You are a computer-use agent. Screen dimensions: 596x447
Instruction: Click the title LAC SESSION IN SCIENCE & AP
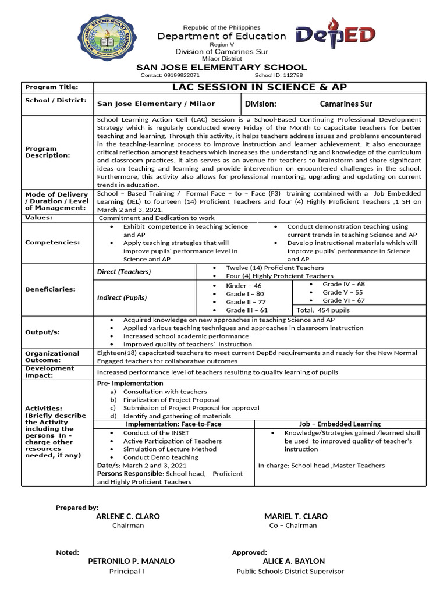pyautogui.click(x=260, y=87)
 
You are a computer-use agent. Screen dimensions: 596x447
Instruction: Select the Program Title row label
pyautogui.click(x=51, y=87)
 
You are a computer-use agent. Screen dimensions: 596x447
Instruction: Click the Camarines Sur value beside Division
pyautogui.click(x=346, y=104)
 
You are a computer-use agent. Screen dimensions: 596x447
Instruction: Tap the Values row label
pyautogui.click(x=39, y=217)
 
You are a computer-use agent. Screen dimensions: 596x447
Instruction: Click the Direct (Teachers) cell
pyautogui.click(x=123, y=272)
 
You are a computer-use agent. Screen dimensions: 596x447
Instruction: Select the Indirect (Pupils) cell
pyautogui.click(x=122, y=297)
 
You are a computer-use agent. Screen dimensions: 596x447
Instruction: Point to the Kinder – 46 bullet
pyautogui.click(x=244, y=286)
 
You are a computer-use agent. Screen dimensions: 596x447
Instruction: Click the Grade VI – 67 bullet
pyautogui.click(x=343, y=300)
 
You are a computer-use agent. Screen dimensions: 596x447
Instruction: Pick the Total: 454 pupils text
pyautogui.click(x=323, y=310)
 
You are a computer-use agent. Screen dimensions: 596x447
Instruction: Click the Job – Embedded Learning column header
pyautogui.click(x=339, y=424)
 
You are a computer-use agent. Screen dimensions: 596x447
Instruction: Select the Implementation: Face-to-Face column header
pyautogui.click(x=173, y=424)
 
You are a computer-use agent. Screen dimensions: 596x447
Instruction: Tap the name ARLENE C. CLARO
pyautogui.click(x=127, y=516)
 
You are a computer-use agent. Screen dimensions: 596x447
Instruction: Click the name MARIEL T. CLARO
pyautogui.click(x=296, y=516)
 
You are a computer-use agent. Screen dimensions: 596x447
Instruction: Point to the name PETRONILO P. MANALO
pyautogui.click(x=131, y=561)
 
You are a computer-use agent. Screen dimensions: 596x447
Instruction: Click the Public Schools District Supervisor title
pyautogui.click(x=290, y=571)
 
